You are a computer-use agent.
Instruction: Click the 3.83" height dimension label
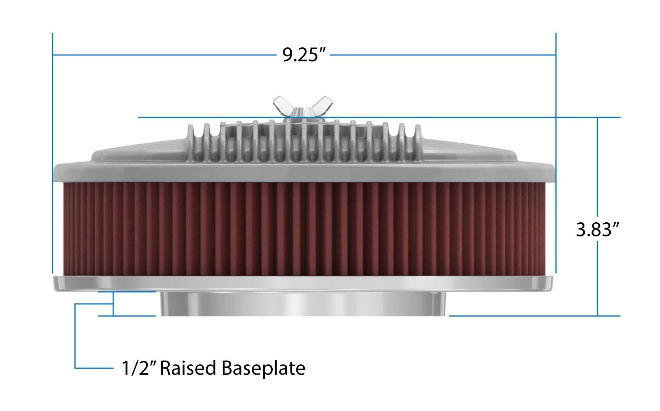pyautogui.click(x=597, y=230)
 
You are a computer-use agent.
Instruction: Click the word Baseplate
pyautogui.click(x=263, y=368)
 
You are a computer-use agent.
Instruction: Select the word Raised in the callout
pyautogui.click(x=188, y=368)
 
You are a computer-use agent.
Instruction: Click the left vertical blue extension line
pyautogui.click(x=52, y=153)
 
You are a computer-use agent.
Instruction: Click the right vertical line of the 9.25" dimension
pyautogui.click(x=556, y=153)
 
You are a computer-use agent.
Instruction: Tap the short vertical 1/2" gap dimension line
pyautogui.click(x=113, y=304)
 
